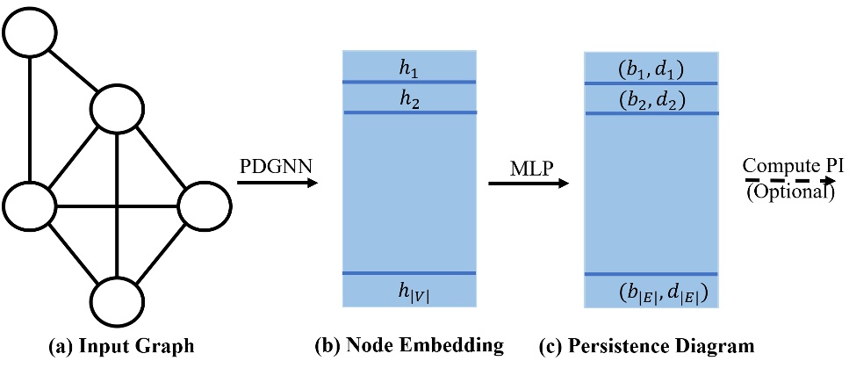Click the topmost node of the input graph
(x=31, y=33)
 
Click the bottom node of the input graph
(x=118, y=304)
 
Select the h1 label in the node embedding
(x=408, y=65)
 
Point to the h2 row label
(x=408, y=98)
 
